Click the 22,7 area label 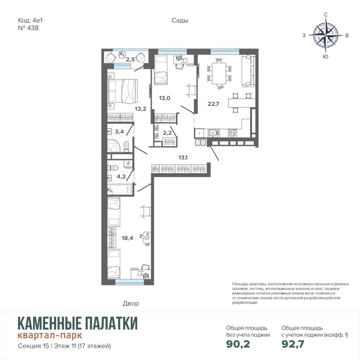213,104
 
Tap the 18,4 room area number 128,238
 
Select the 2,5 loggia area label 130,60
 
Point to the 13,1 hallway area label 183,157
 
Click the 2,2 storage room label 167,133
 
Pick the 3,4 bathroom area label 119,132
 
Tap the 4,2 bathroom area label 121,176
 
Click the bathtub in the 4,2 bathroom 119,190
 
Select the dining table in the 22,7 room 219,73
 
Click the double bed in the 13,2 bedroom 122,91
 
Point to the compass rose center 326,35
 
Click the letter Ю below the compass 326,57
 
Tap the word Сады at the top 180,21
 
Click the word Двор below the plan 131,303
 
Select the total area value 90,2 238,344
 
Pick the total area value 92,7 293,344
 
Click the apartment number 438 33,28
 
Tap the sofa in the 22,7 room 248,71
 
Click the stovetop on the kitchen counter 232,133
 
